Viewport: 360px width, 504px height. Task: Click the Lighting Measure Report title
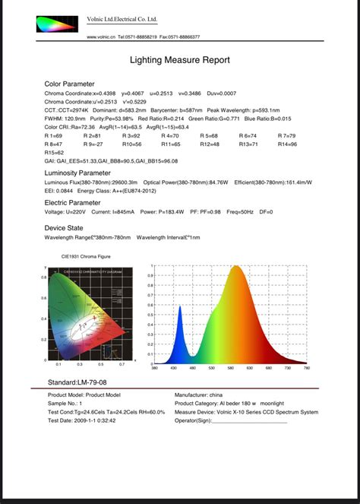(180, 59)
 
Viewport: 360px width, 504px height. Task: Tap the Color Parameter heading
(70, 84)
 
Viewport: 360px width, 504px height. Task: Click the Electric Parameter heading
(73, 204)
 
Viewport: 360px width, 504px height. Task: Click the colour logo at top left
(56, 24)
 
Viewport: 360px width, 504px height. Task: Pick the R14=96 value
(287, 144)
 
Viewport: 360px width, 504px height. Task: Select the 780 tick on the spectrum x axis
(306, 369)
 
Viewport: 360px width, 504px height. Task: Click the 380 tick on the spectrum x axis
(154, 369)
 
